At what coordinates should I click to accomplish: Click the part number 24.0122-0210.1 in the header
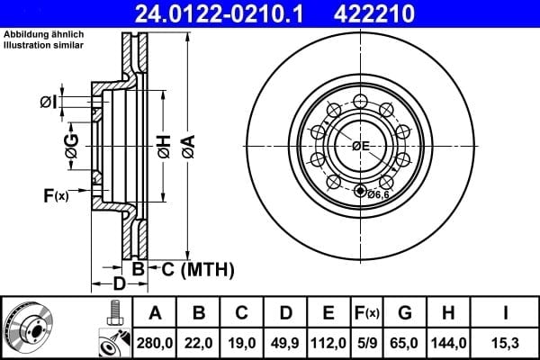click(219, 14)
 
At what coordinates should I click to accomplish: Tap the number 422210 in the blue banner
click(374, 14)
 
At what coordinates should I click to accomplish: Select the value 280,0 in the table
click(155, 343)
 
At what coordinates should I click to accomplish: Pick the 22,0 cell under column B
click(198, 343)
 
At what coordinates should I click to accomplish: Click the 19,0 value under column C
click(242, 343)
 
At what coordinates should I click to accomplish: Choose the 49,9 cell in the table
click(285, 343)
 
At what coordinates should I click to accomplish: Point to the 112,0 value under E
click(328, 343)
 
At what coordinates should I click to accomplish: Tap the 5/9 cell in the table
click(367, 343)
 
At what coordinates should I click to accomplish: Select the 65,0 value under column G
click(404, 343)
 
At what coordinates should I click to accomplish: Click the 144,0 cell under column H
click(448, 343)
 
